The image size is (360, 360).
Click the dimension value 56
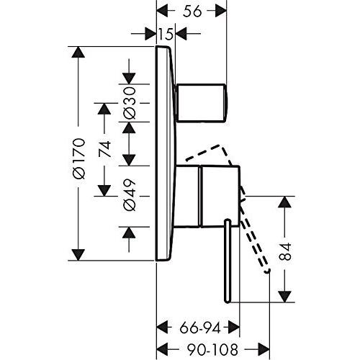[x=192, y=11]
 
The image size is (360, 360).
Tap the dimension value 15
[x=166, y=34]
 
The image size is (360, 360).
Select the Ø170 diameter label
[x=79, y=158]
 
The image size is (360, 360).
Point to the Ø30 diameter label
[x=130, y=103]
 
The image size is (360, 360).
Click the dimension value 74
[x=105, y=149]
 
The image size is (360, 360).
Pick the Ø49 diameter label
[x=130, y=195]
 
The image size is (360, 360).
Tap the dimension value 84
[x=285, y=251]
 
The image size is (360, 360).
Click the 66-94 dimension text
[x=200, y=328]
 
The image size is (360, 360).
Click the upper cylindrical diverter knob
[x=201, y=103]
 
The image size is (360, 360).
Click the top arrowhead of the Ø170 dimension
[x=78, y=52]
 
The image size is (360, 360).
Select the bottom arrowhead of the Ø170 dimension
[x=78, y=255]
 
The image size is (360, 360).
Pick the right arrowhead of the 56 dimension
[x=221, y=11]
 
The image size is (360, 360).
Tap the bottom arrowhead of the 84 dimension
[x=284, y=297]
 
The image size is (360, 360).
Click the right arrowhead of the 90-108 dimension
[x=264, y=349]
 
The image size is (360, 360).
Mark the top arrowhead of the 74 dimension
[x=104, y=109]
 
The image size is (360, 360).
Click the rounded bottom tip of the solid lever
[x=228, y=301]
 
